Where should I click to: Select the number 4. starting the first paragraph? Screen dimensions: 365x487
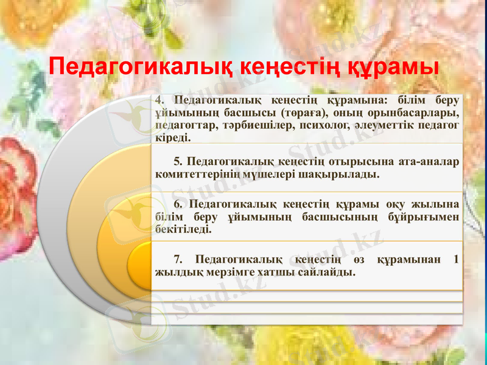[159, 100]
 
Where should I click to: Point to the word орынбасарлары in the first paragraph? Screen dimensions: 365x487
[420, 113]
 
